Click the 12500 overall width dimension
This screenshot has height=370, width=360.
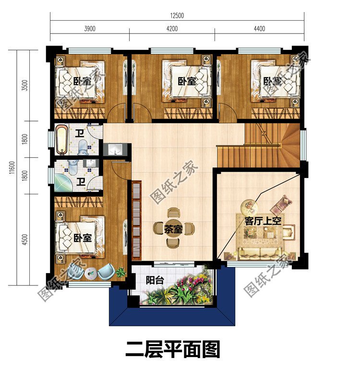(177, 15)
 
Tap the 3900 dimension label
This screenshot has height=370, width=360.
(90, 28)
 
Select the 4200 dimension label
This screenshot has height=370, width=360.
(172, 28)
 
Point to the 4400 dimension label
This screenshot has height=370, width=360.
(259, 28)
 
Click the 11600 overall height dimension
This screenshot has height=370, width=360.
(11, 167)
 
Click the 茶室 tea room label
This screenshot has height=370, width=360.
(173, 229)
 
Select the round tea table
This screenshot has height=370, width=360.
(173, 228)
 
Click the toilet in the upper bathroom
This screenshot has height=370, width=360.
(82, 145)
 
